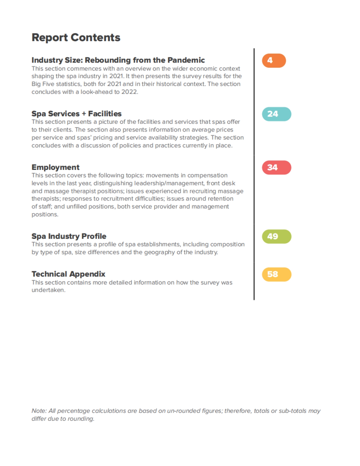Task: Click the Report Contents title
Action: point(76,37)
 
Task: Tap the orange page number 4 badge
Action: point(274,61)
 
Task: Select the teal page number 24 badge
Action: point(276,114)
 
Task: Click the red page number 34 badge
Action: point(276,167)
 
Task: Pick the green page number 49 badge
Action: point(276,236)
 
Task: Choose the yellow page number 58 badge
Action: point(276,274)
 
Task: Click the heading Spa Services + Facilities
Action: point(76,114)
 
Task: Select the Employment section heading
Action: point(55,167)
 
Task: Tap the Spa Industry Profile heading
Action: point(69,236)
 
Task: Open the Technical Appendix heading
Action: point(68,274)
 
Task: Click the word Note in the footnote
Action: point(39,411)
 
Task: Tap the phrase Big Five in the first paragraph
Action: point(43,84)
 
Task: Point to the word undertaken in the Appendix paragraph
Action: point(48,290)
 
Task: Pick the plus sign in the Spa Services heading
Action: point(84,114)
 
